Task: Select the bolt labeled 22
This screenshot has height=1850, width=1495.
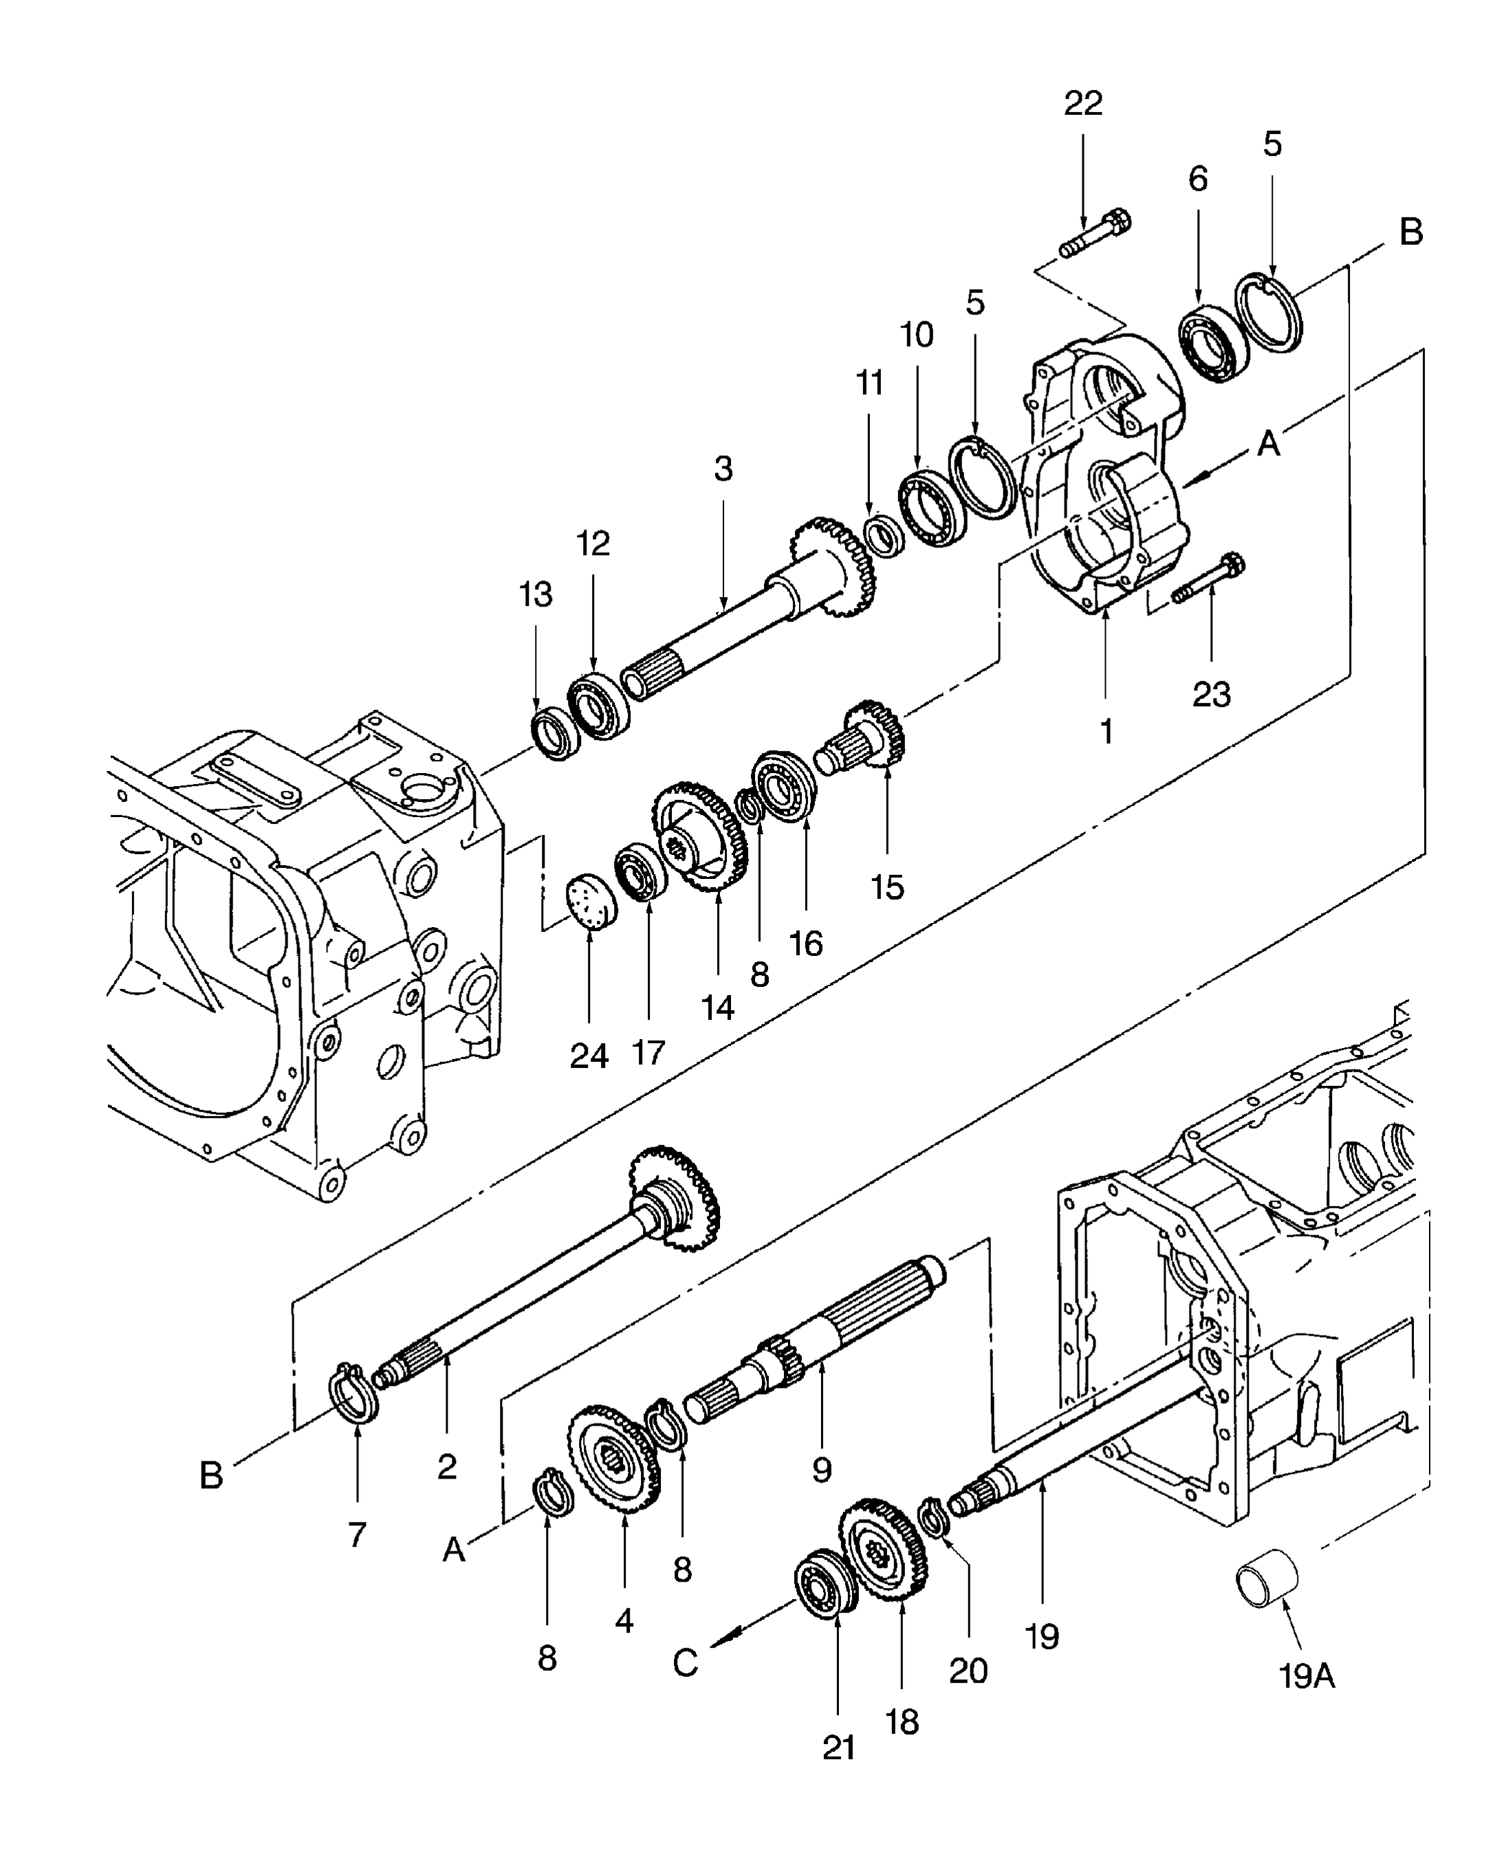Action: point(1095,235)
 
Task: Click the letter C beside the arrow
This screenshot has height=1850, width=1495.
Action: point(685,1663)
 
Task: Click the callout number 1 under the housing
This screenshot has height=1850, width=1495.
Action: point(1106,732)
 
